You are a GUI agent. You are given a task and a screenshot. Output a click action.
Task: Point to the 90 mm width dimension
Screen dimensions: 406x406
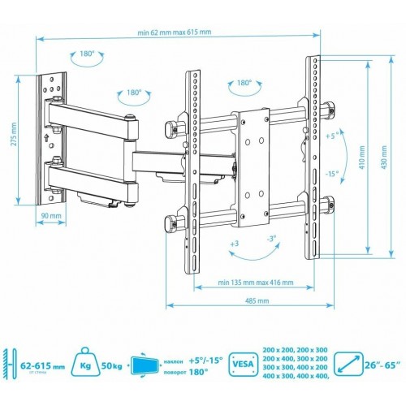coord(50,218)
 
